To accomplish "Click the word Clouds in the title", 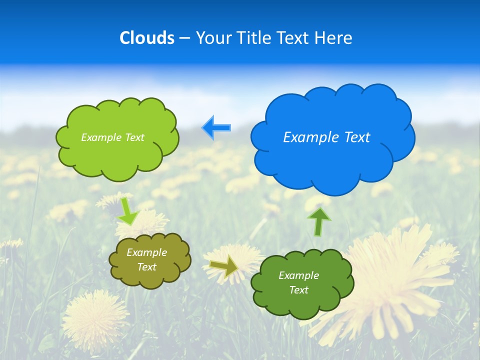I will [147, 37].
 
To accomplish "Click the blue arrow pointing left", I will [216, 128].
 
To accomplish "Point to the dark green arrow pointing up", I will [319, 222].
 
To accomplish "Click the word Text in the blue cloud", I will [356, 137].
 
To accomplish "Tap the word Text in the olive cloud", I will [146, 267].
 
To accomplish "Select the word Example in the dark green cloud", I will [298, 275].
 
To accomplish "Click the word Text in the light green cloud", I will [133, 137].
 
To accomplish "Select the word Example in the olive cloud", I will [146, 252].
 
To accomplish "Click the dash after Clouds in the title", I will [184, 38].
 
